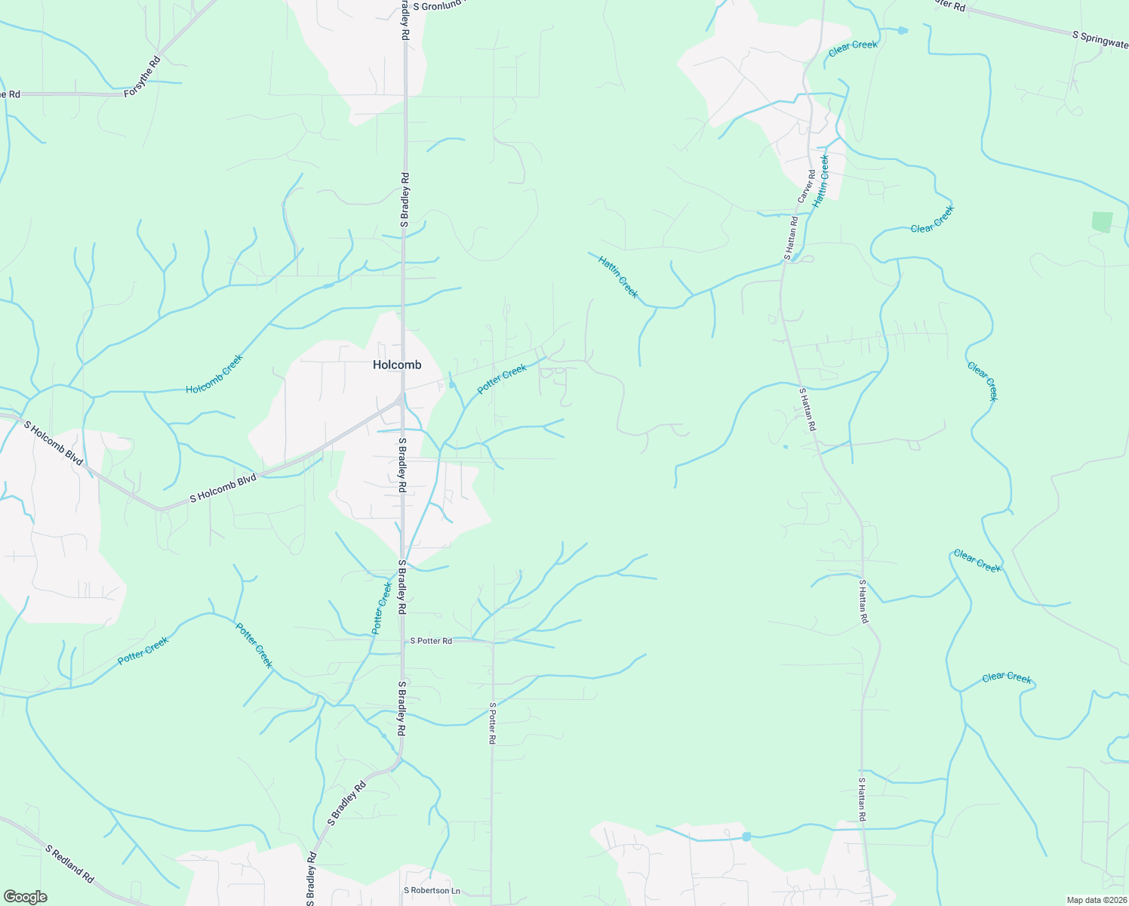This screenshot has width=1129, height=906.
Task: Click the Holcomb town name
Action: [397, 365]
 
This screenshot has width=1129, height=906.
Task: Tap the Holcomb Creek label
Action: [215, 374]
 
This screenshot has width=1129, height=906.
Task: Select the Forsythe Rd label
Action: [143, 76]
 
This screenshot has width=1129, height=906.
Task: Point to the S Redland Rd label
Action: [69, 864]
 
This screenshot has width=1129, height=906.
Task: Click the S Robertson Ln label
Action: [432, 891]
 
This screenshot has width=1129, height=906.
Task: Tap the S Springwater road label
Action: [1100, 40]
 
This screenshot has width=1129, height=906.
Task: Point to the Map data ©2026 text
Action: [1096, 900]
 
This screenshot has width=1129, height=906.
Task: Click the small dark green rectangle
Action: [1102, 222]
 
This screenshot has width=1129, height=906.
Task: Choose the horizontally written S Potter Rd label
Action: [431, 641]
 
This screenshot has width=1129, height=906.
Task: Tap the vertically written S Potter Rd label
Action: [492, 723]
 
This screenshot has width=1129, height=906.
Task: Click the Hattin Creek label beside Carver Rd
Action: [821, 181]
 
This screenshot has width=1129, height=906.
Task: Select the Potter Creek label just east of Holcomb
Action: [502, 379]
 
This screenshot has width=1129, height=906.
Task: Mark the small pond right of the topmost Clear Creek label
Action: [902, 30]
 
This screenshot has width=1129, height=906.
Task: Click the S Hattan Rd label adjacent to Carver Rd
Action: [790, 238]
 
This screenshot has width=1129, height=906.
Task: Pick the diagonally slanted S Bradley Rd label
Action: [346, 803]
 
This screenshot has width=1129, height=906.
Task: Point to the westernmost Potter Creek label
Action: [143, 651]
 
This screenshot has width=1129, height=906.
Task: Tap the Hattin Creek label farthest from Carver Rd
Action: [618, 276]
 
